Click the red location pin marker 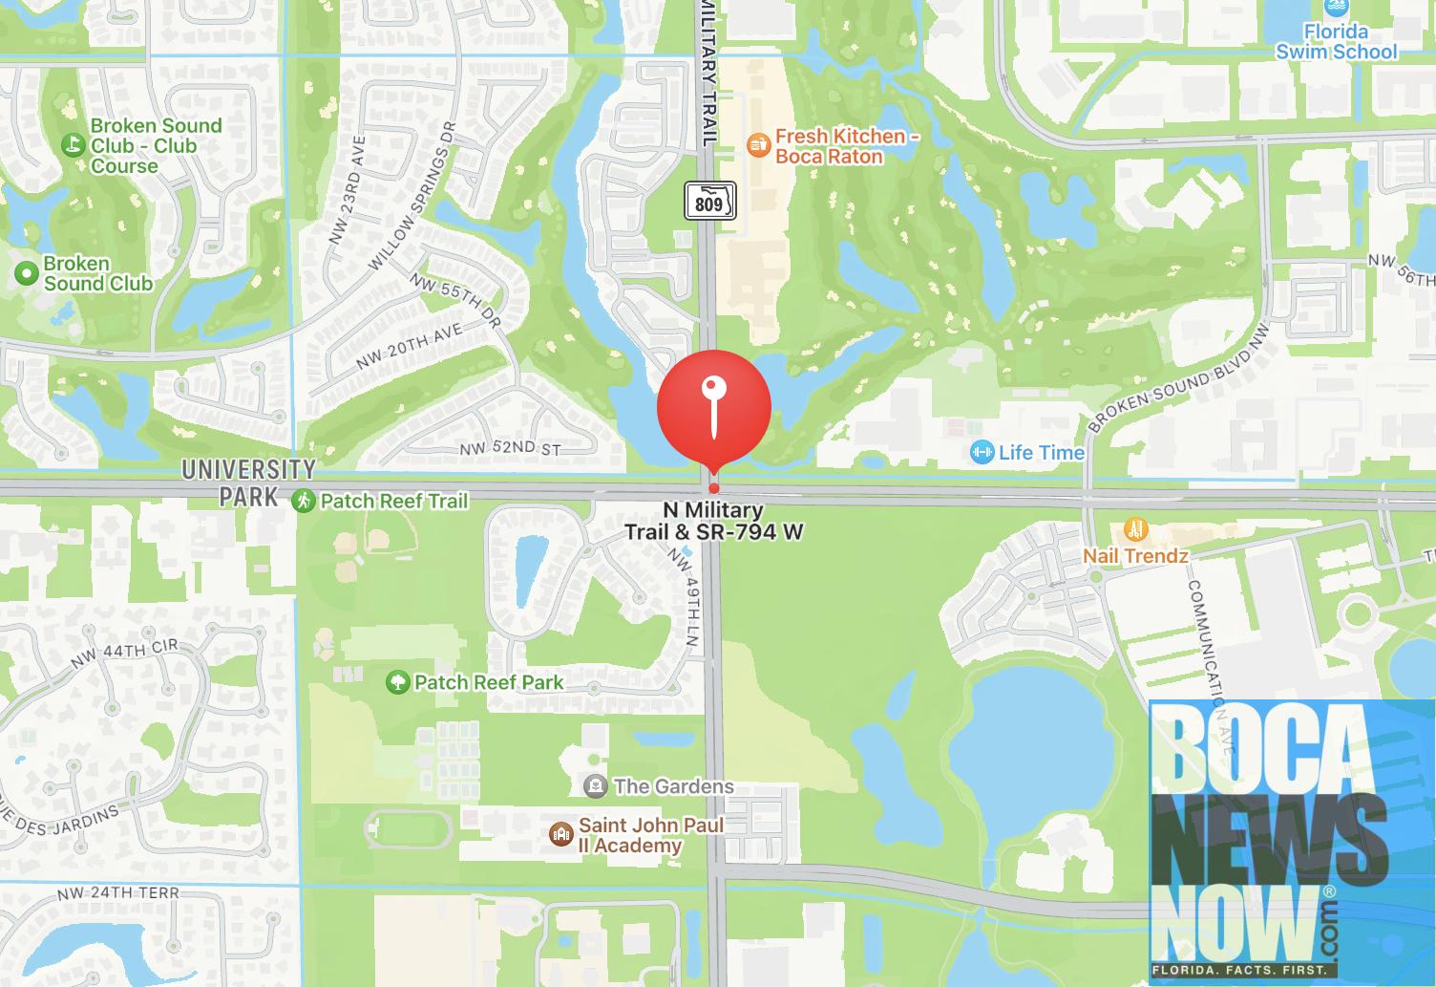pyautogui.click(x=713, y=406)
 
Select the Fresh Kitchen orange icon pyautogui.click(x=758, y=144)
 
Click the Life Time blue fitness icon pyautogui.click(x=981, y=452)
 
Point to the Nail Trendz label pyautogui.click(x=1135, y=555)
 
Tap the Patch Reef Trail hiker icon pyautogui.click(x=304, y=500)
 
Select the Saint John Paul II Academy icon pyautogui.click(x=560, y=834)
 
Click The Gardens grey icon pyautogui.click(x=596, y=786)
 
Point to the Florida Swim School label pyautogui.click(x=1337, y=42)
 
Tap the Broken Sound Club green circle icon pyautogui.click(x=26, y=273)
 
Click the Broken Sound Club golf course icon pyautogui.click(x=72, y=145)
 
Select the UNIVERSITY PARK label pyautogui.click(x=248, y=483)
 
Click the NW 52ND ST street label pyautogui.click(x=510, y=448)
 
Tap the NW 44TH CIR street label pyautogui.click(x=126, y=654)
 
